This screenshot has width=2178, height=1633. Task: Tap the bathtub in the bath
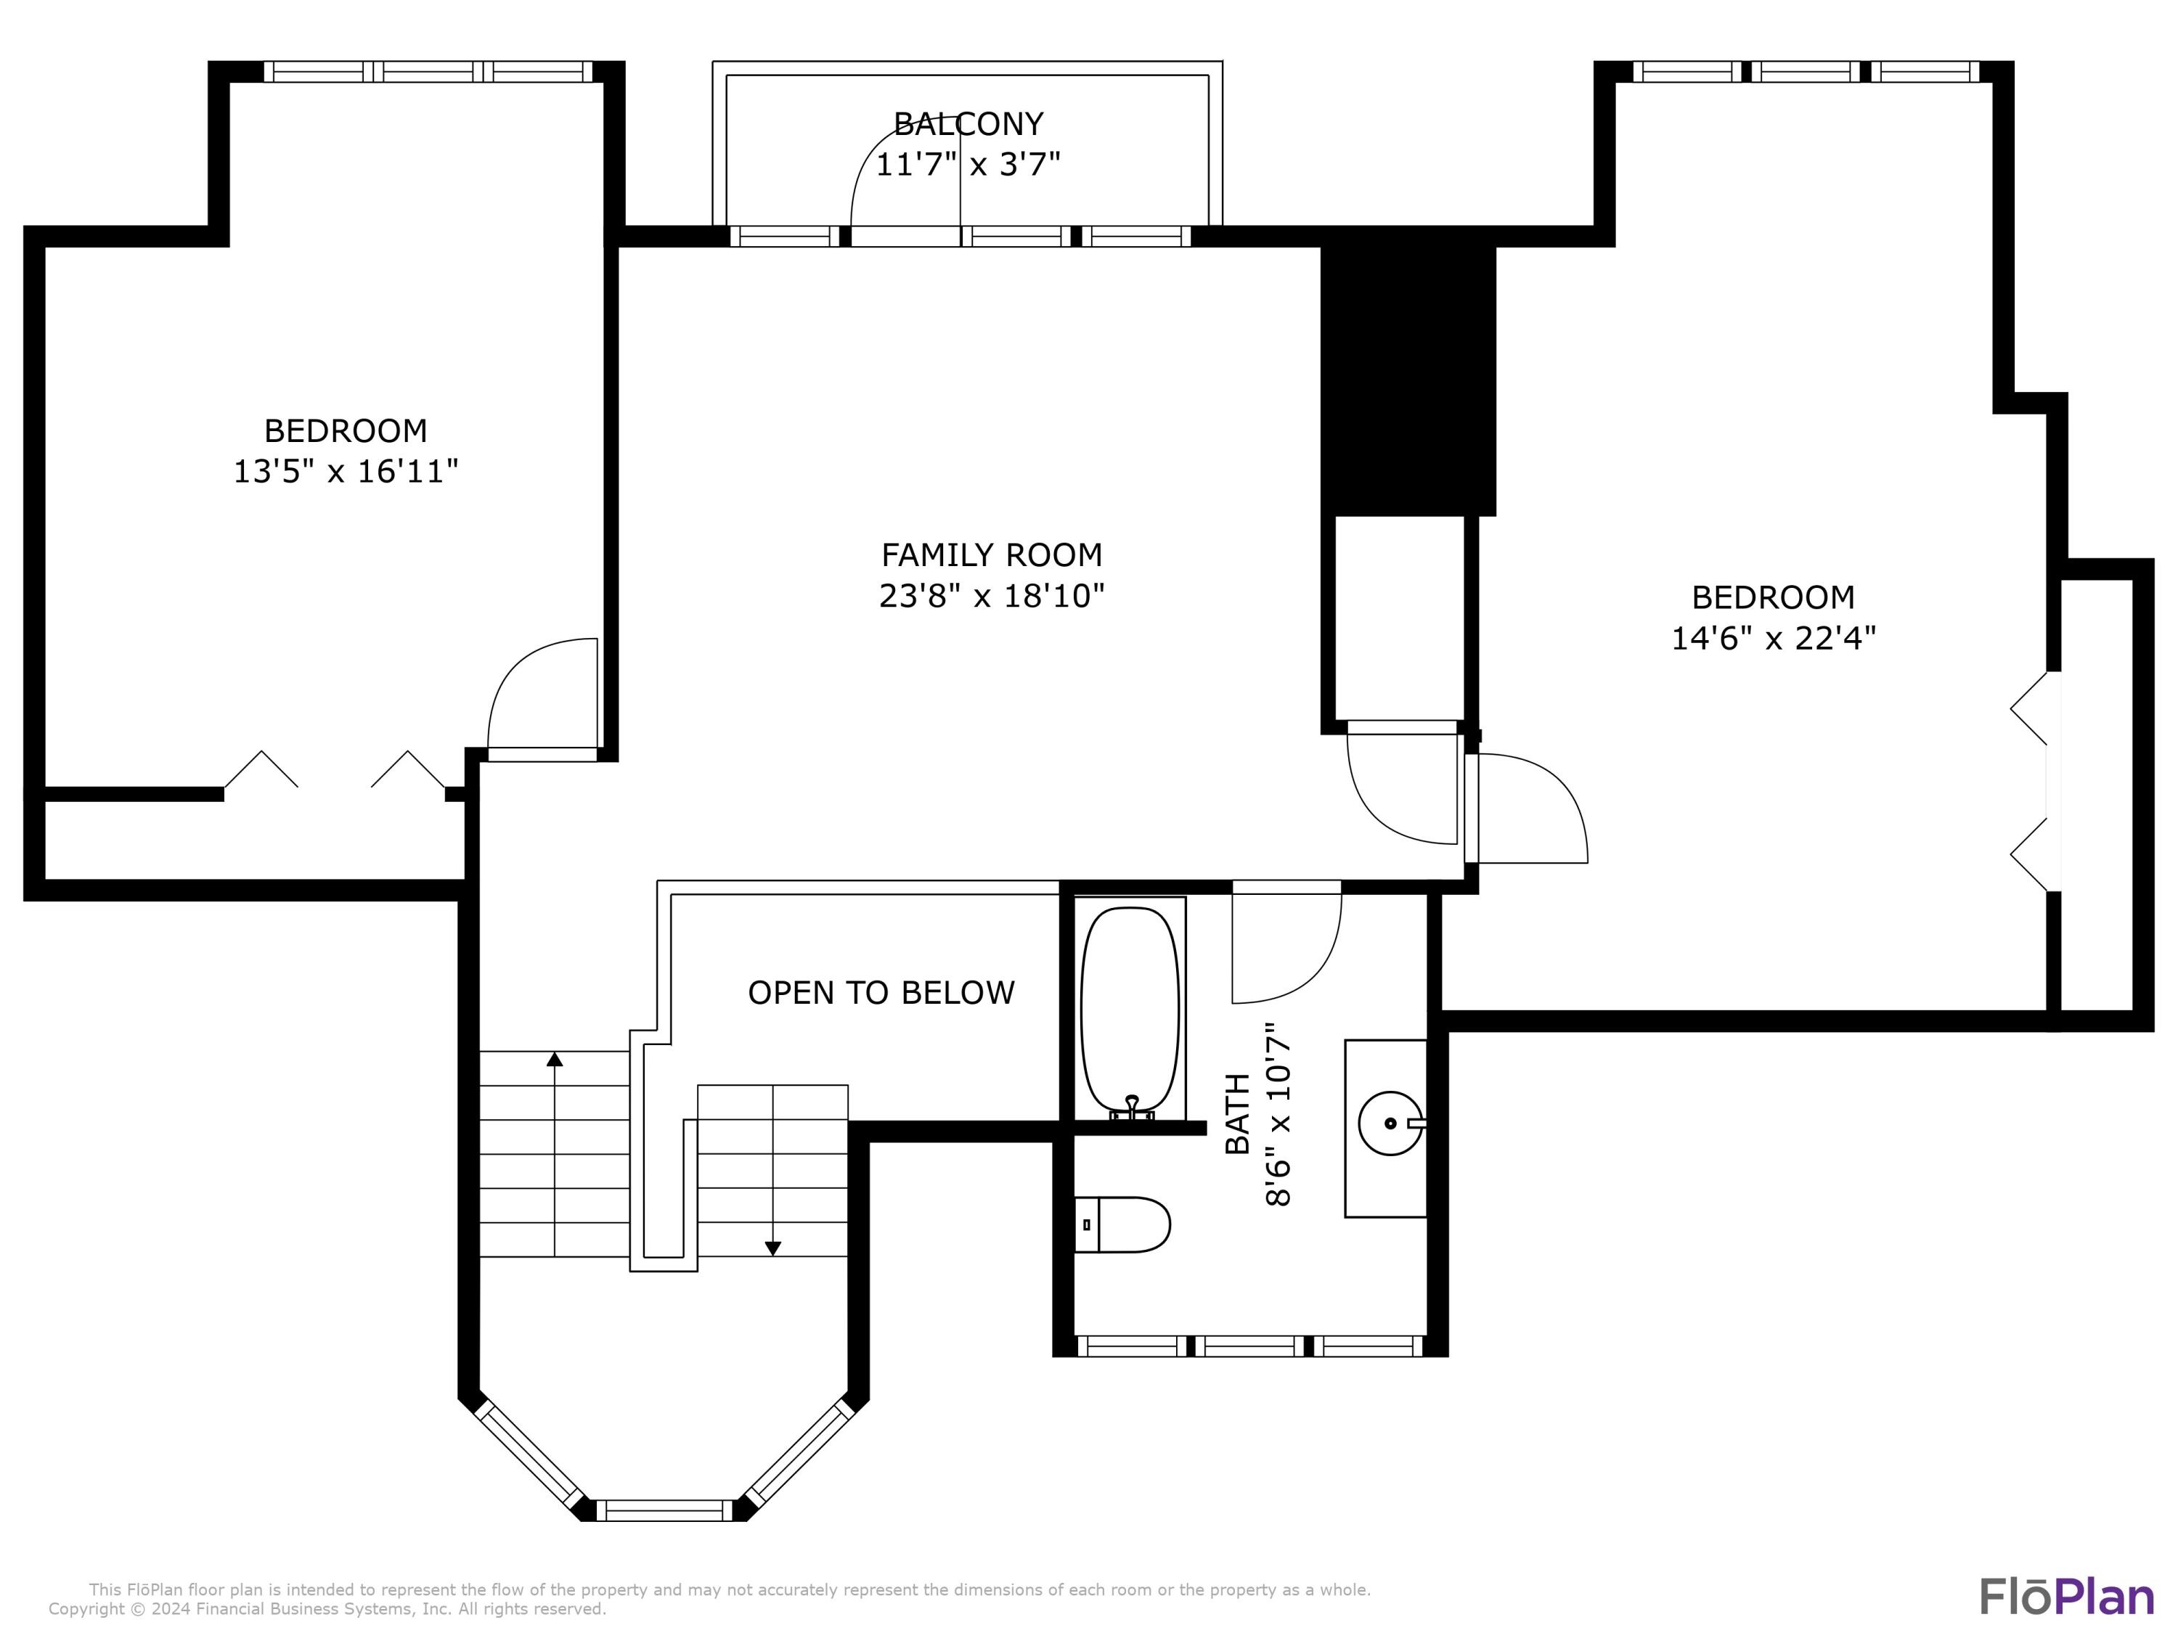[1130, 1009]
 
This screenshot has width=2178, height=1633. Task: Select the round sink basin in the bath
[1390, 1122]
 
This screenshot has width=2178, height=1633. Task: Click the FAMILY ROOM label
[992, 555]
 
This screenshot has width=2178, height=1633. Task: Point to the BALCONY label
[968, 124]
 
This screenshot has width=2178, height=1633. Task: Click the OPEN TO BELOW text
[881, 992]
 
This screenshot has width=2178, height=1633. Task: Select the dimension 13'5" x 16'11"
[346, 472]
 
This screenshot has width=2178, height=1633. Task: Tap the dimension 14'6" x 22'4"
[1774, 638]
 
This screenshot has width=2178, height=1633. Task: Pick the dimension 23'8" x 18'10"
[992, 596]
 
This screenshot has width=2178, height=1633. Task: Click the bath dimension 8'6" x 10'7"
[1277, 1113]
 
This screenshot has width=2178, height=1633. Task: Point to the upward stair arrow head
[555, 1059]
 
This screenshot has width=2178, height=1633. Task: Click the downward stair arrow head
[773, 1248]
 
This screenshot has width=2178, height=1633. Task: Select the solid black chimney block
[1408, 380]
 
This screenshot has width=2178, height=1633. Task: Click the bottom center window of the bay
[666, 1510]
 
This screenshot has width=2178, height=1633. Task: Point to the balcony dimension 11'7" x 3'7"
[968, 163]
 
